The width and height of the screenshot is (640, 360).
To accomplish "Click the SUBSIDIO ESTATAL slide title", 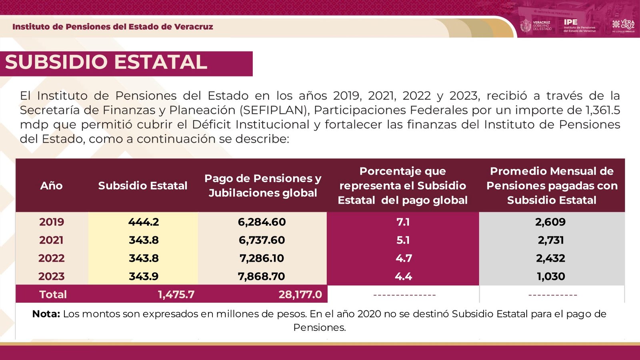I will pos(106,62).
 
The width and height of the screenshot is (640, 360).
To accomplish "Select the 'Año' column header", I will pos(51,186).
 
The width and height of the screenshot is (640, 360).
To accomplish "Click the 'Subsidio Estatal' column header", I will pos(143,186).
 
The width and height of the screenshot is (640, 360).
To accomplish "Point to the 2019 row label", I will pos(52,222).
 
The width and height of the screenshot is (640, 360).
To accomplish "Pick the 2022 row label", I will pos(52,258).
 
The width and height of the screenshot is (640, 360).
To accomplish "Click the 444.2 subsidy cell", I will pos(144,222).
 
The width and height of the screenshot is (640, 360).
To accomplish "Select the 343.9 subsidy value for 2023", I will pos(144,276).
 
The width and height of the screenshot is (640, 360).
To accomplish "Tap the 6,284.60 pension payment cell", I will pos(262,222).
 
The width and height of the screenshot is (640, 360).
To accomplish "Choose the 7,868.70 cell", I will pos(262,276).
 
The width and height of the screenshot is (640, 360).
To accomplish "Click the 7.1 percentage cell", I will pos(403,222).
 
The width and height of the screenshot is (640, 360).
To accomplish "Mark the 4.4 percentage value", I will pos(403,276).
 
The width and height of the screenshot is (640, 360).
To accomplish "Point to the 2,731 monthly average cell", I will pos(551,240).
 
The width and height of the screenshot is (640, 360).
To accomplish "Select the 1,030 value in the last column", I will pos(551,276).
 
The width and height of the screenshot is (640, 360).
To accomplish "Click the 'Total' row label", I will pos(53,295).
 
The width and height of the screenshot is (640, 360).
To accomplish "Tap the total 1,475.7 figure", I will pos(176,295).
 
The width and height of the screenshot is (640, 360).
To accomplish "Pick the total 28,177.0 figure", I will pos(300,295).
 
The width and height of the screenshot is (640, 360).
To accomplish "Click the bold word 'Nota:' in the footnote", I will pos(46,314).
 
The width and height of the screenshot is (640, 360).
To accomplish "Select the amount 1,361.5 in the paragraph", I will pos(602,110).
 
